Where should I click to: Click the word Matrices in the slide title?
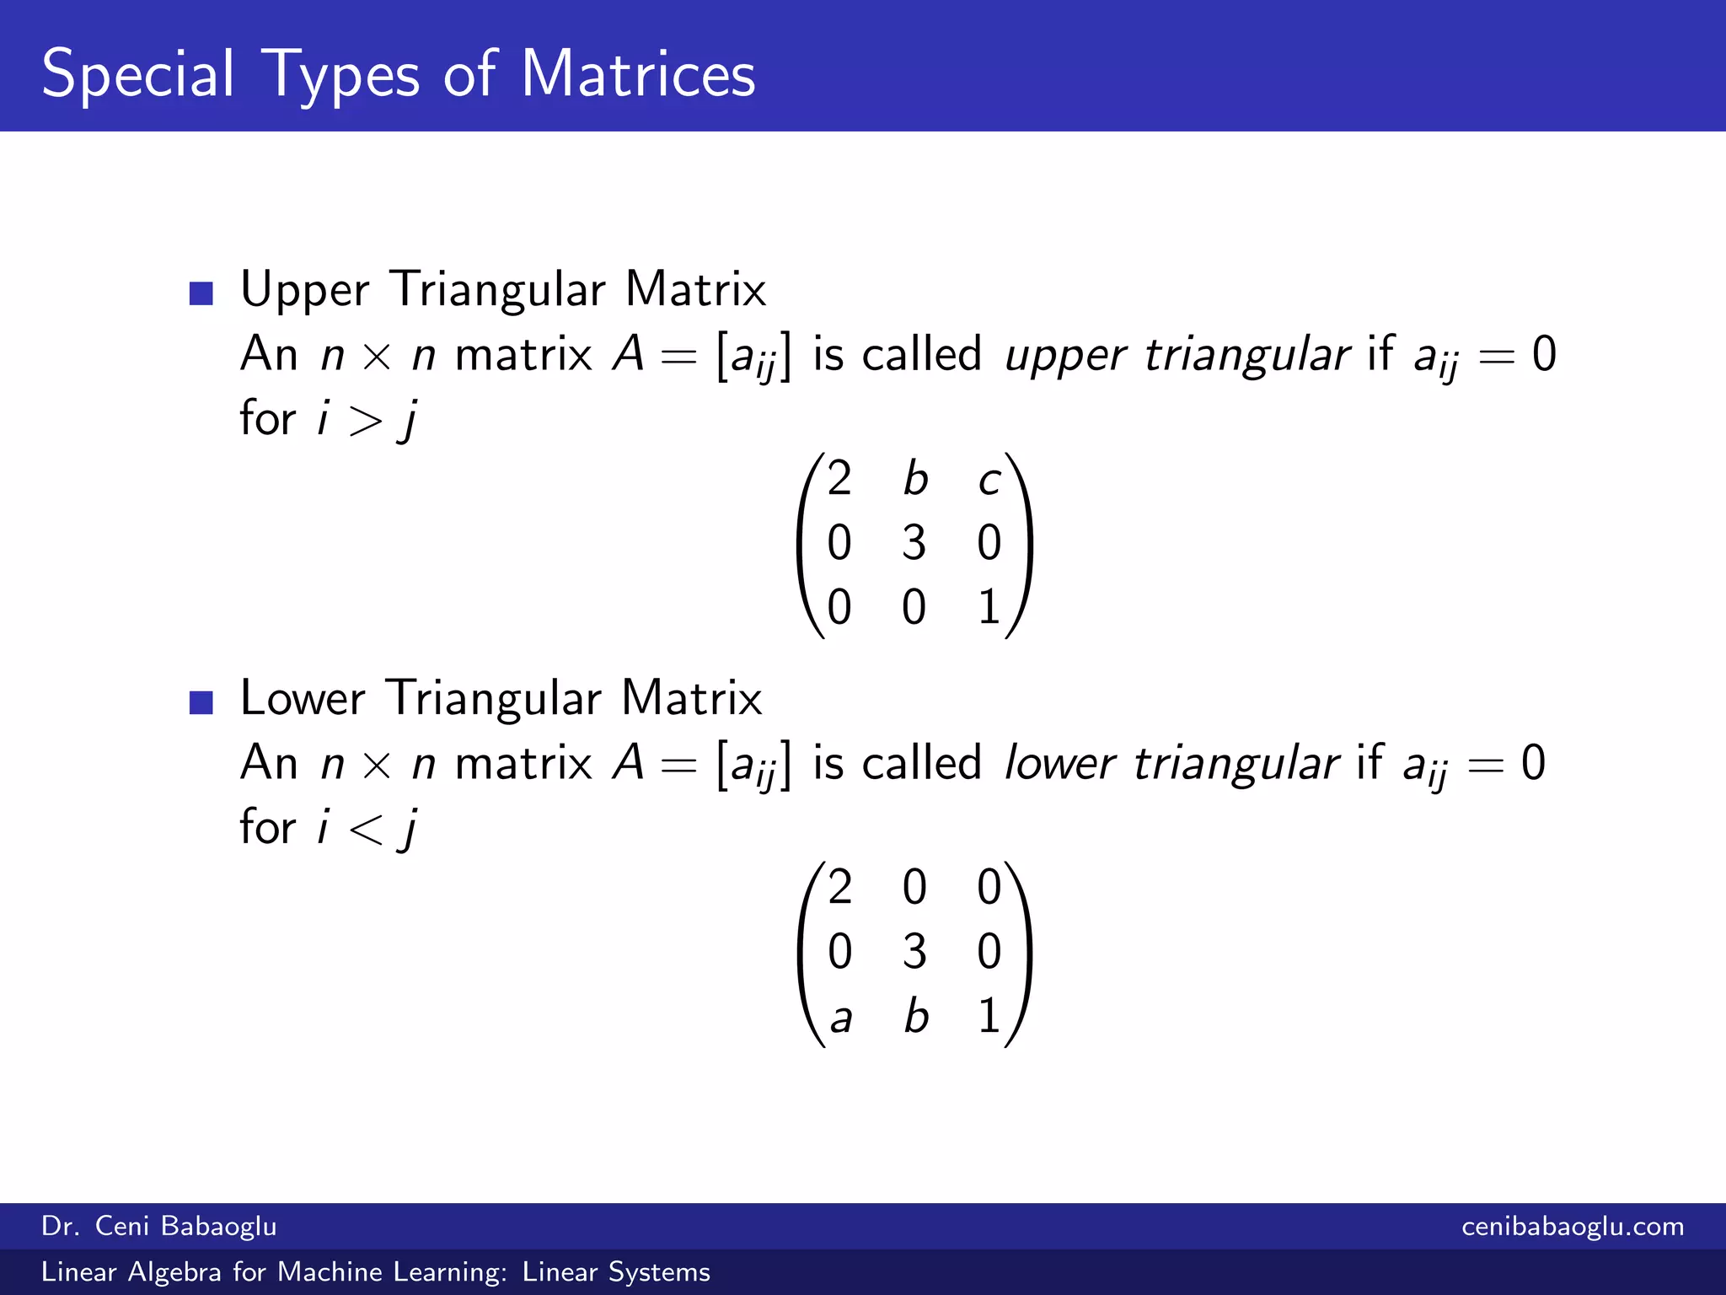click(637, 74)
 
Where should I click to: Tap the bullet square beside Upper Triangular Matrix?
click(201, 293)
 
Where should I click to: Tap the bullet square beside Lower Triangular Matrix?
click(201, 702)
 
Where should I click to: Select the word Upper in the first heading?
click(304, 291)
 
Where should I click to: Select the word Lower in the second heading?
click(303, 699)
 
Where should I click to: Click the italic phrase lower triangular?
click(1171, 764)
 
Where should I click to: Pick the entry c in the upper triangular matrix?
click(989, 481)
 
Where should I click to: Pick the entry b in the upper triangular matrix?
click(915, 479)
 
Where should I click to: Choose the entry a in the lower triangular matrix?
click(840, 1018)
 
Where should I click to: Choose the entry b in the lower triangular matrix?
click(915, 1016)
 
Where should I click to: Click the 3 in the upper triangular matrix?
click(914, 543)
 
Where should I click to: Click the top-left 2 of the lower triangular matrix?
click(839, 887)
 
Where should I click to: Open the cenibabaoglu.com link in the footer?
click(1573, 1227)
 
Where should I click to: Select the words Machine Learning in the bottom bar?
click(392, 1272)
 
